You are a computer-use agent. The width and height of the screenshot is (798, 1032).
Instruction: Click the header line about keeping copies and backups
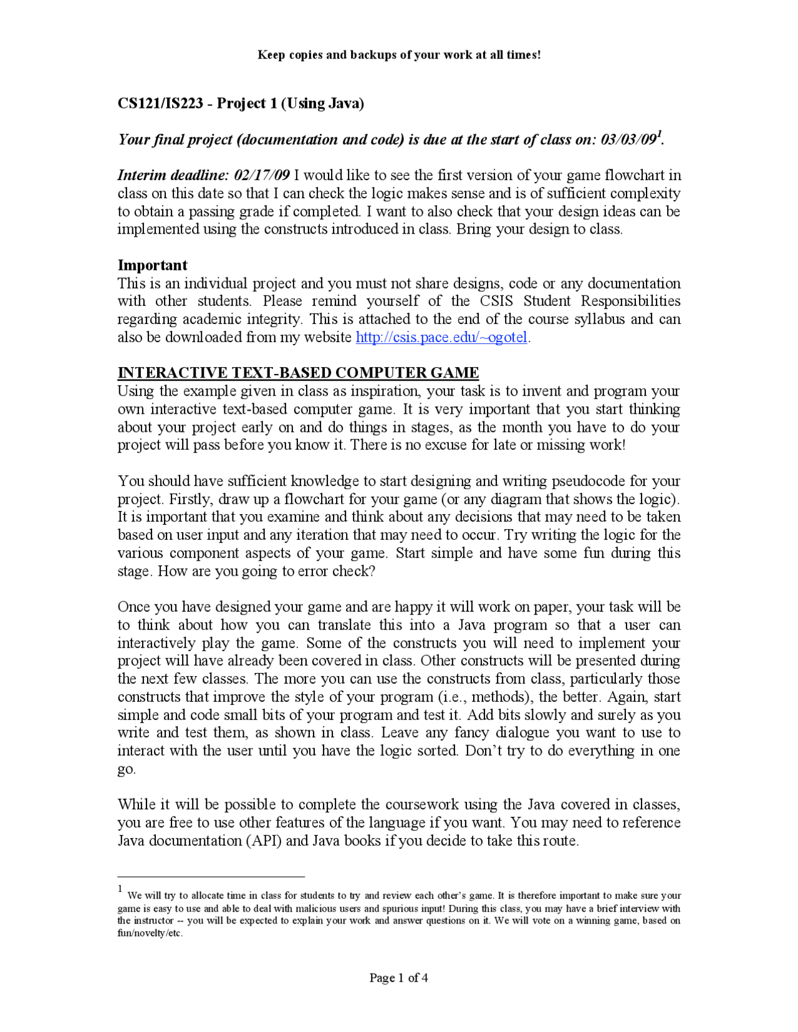click(x=399, y=55)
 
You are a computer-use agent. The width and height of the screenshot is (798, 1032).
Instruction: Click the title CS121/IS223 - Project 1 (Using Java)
click(x=241, y=103)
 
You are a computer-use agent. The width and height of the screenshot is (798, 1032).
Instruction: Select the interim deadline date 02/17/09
click(x=262, y=175)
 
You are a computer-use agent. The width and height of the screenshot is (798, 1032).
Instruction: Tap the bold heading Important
click(x=152, y=265)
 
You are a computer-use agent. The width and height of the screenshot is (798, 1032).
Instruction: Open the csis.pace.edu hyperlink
click(x=441, y=338)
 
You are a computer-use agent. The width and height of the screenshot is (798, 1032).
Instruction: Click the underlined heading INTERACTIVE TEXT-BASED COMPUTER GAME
click(x=298, y=373)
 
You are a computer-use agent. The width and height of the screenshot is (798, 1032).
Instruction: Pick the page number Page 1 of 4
click(x=398, y=978)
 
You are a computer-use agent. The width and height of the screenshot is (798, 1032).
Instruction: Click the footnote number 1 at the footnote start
click(x=120, y=889)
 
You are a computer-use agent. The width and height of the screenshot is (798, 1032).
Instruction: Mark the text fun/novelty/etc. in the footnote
click(x=150, y=933)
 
